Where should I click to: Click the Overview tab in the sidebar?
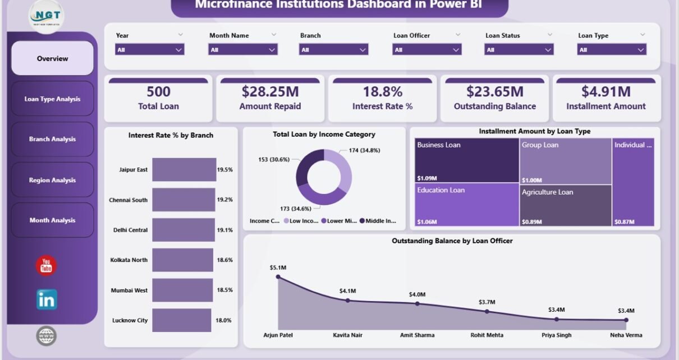[x=52, y=58]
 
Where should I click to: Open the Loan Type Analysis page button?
[x=52, y=99]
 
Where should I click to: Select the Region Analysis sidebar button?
[x=52, y=180]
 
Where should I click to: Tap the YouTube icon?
[x=47, y=266]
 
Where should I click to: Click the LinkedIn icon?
[x=47, y=300]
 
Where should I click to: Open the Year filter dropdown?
[x=150, y=50]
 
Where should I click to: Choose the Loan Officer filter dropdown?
[x=427, y=50]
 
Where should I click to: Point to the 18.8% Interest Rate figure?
[x=382, y=91]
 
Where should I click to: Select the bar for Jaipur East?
[x=184, y=169]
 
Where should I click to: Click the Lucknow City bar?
[x=181, y=320]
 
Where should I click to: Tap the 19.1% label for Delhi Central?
[x=225, y=230]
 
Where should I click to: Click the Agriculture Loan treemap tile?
[x=565, y=205]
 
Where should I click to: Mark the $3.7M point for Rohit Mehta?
[x=487, y=311]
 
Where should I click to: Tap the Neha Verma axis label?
[x=626, y=335]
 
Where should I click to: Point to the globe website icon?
[x=47, y=336]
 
